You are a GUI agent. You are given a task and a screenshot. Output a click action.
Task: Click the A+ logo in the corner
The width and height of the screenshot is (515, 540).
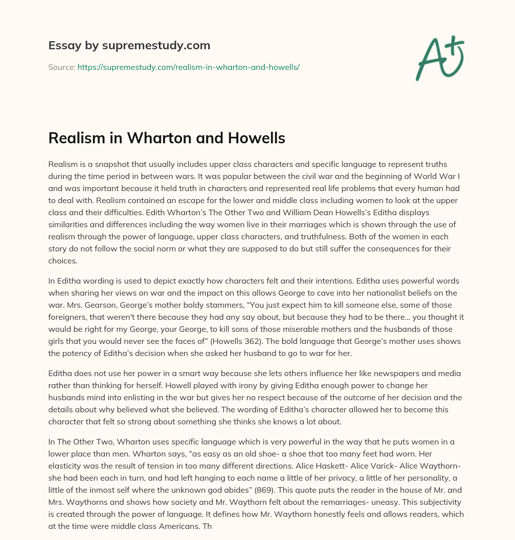click(x=439, y=58)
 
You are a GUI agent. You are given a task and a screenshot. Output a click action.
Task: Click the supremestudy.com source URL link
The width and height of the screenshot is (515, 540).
click(x=189, y=67)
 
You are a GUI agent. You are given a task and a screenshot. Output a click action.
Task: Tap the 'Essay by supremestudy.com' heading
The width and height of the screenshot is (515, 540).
click(x=129, y=46)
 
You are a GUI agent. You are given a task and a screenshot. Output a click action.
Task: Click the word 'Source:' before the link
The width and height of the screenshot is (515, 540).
click(x=62, y=67)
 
